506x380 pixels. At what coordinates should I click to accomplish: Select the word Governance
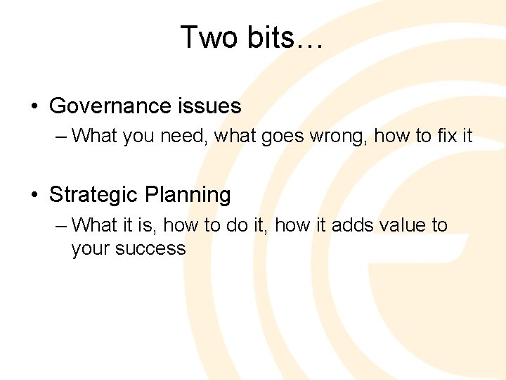coord(108,106)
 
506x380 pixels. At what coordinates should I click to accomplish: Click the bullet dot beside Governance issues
coord(34,107)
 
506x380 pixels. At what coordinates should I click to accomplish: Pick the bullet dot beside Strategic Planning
coord(34,195)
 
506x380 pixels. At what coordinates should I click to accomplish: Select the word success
coord(150,248)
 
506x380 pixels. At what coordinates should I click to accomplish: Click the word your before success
coord(90,248)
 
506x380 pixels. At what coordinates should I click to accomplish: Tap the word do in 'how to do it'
coord(240,225)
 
